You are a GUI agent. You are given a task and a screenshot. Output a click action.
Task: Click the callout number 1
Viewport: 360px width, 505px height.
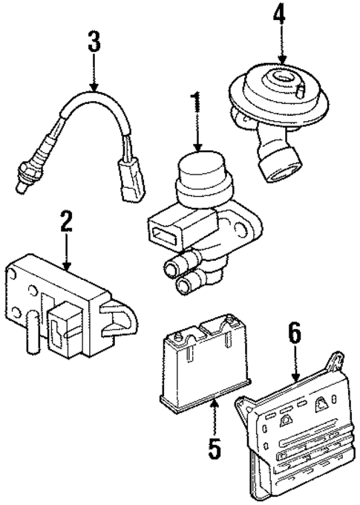pyautogui.click(x=197, y=104)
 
